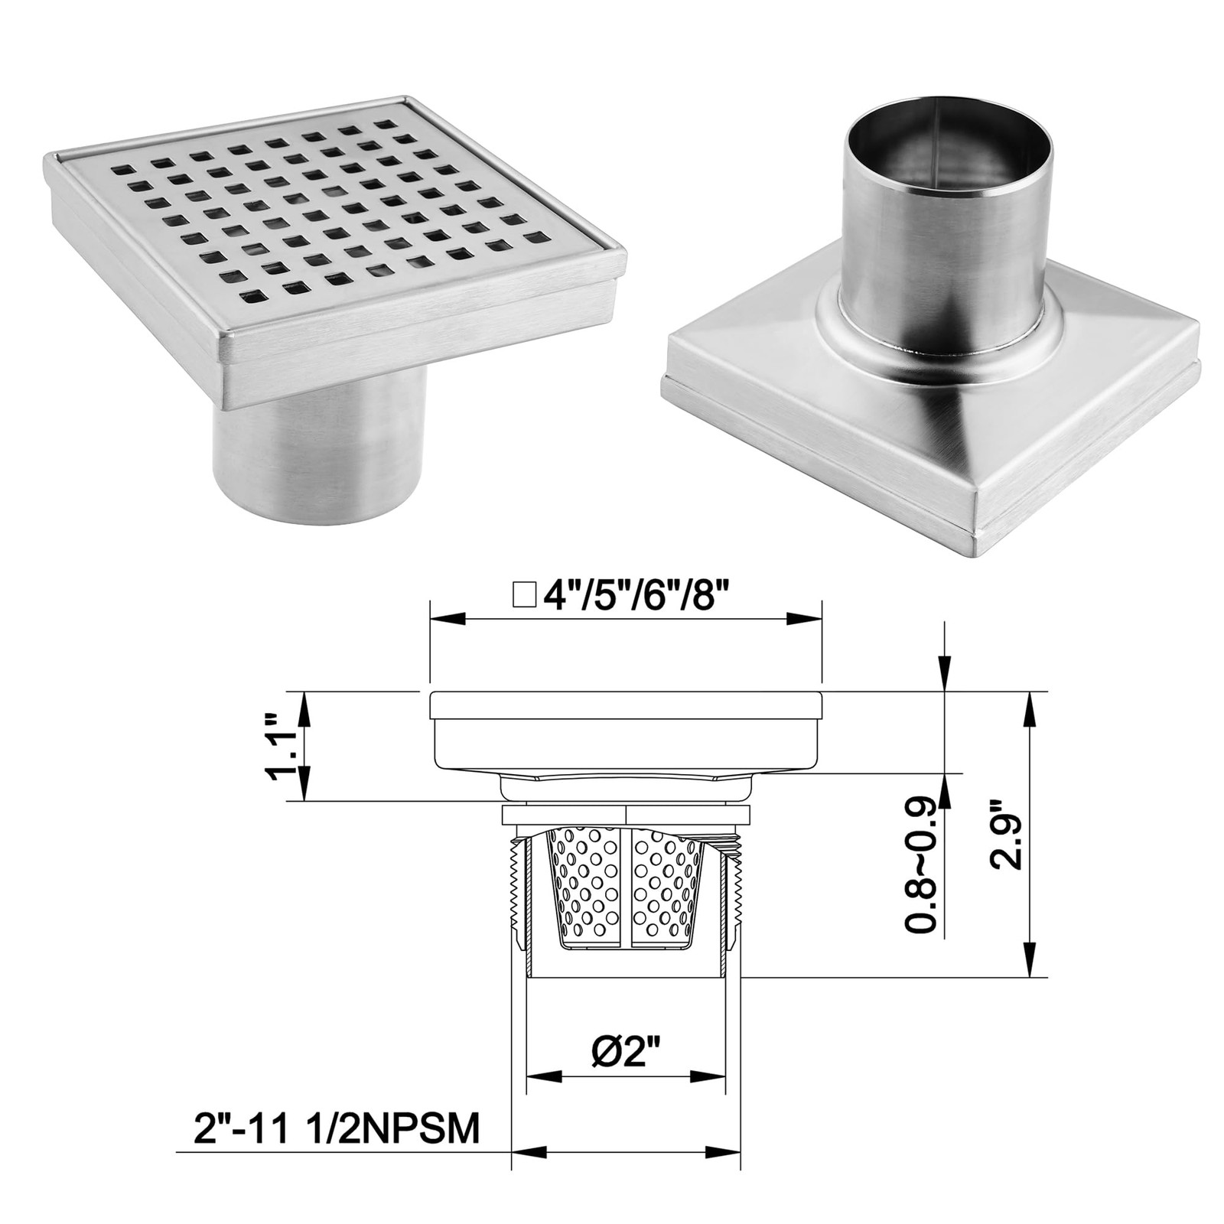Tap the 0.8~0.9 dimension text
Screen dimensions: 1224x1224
tap(923, 865)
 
